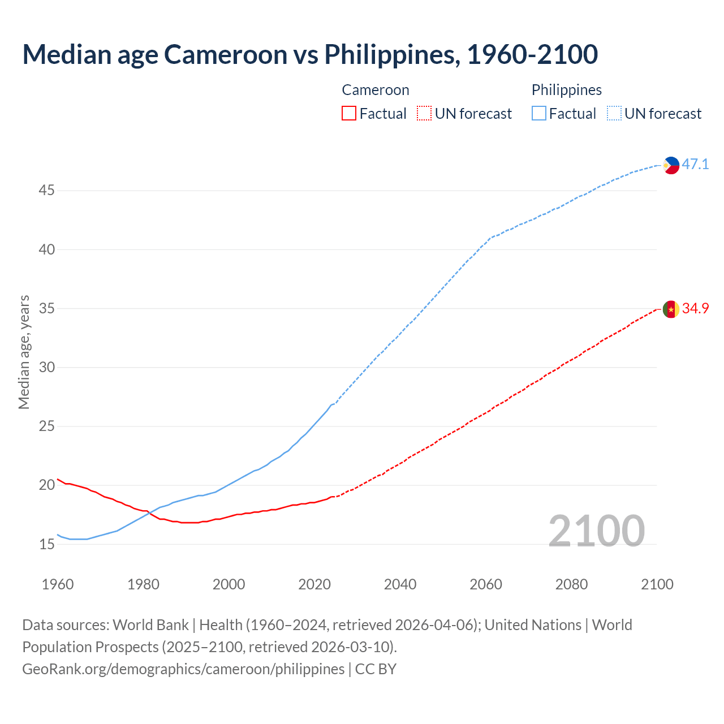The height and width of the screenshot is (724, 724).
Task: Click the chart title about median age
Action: [x=310, y=54]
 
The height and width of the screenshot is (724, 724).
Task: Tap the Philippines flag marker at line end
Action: [x=671, y=165]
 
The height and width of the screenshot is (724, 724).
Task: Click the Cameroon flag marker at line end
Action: [x=671, y=309]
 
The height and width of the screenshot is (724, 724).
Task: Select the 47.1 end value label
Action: [x=695, y=165]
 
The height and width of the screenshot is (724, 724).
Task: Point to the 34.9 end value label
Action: [x=695, y=309]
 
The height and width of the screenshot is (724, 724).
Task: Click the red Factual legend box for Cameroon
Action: [x=349, y=114]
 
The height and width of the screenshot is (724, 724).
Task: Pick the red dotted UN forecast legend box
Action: [x=424, y=114]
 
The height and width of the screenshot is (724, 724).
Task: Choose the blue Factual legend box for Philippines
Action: [x=538, y=114]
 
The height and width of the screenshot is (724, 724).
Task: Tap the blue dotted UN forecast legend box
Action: [x=614, y=114]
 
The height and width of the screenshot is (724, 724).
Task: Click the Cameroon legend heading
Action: [x=376, y=90]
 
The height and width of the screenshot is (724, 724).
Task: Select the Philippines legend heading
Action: [x=566, y=90]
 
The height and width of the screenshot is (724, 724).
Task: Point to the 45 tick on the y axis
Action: [x=46, y=191]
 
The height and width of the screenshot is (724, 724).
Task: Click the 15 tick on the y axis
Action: [x=46, y=544]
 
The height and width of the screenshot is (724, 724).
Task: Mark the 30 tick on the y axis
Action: [x=46, y=368]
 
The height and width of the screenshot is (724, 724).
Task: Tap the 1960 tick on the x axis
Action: [x=58, y=584]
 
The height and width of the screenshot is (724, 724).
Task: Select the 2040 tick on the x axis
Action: [x=400, y=584]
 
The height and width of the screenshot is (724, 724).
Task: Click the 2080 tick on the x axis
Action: [x=571, y=584]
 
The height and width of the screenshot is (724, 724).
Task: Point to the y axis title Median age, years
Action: [x=24, y=352]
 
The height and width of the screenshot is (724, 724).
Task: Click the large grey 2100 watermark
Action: [x=596, y=531]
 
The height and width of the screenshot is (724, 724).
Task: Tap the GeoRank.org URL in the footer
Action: [x=183, y=669]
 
